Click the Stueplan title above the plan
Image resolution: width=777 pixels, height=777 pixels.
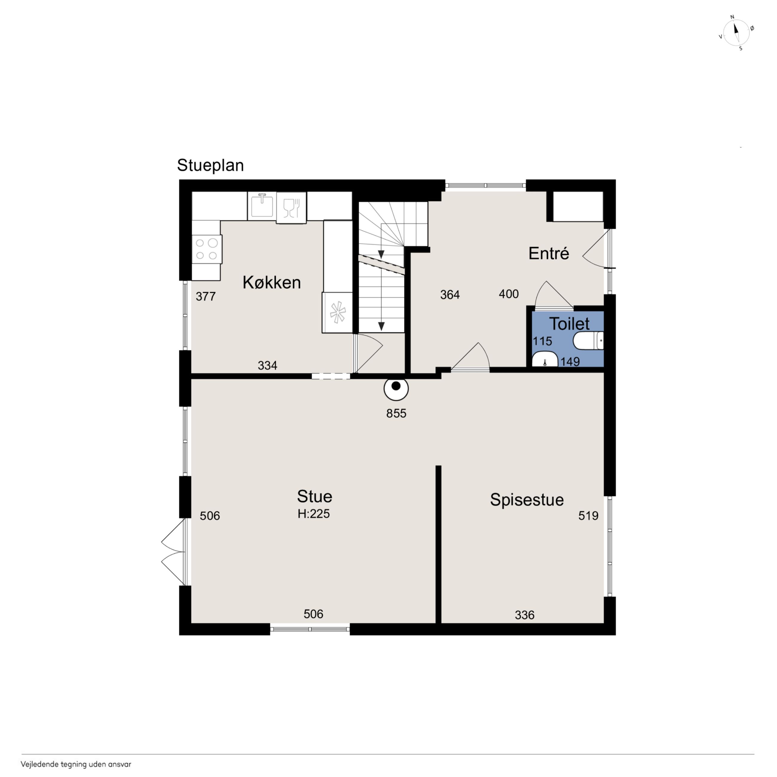click(210, 165)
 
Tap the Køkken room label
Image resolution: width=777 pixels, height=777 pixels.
click(271, 282)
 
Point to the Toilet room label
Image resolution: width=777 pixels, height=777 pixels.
click(569, 324)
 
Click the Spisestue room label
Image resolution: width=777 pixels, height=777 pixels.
click(527, 500)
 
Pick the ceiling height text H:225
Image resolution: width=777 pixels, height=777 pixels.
click(314, 514)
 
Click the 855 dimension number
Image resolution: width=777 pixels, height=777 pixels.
click(396, 413)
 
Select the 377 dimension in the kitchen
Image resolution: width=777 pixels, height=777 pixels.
click(206, 296)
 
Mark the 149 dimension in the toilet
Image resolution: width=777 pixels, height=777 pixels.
click(570, 362)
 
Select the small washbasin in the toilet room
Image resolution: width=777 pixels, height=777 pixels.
click(544, 360)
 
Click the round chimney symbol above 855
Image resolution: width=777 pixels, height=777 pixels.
click(396, 389)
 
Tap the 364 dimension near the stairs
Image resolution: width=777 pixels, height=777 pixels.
click(450, 295)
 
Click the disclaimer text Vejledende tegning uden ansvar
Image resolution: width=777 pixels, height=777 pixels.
click(76, 764)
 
